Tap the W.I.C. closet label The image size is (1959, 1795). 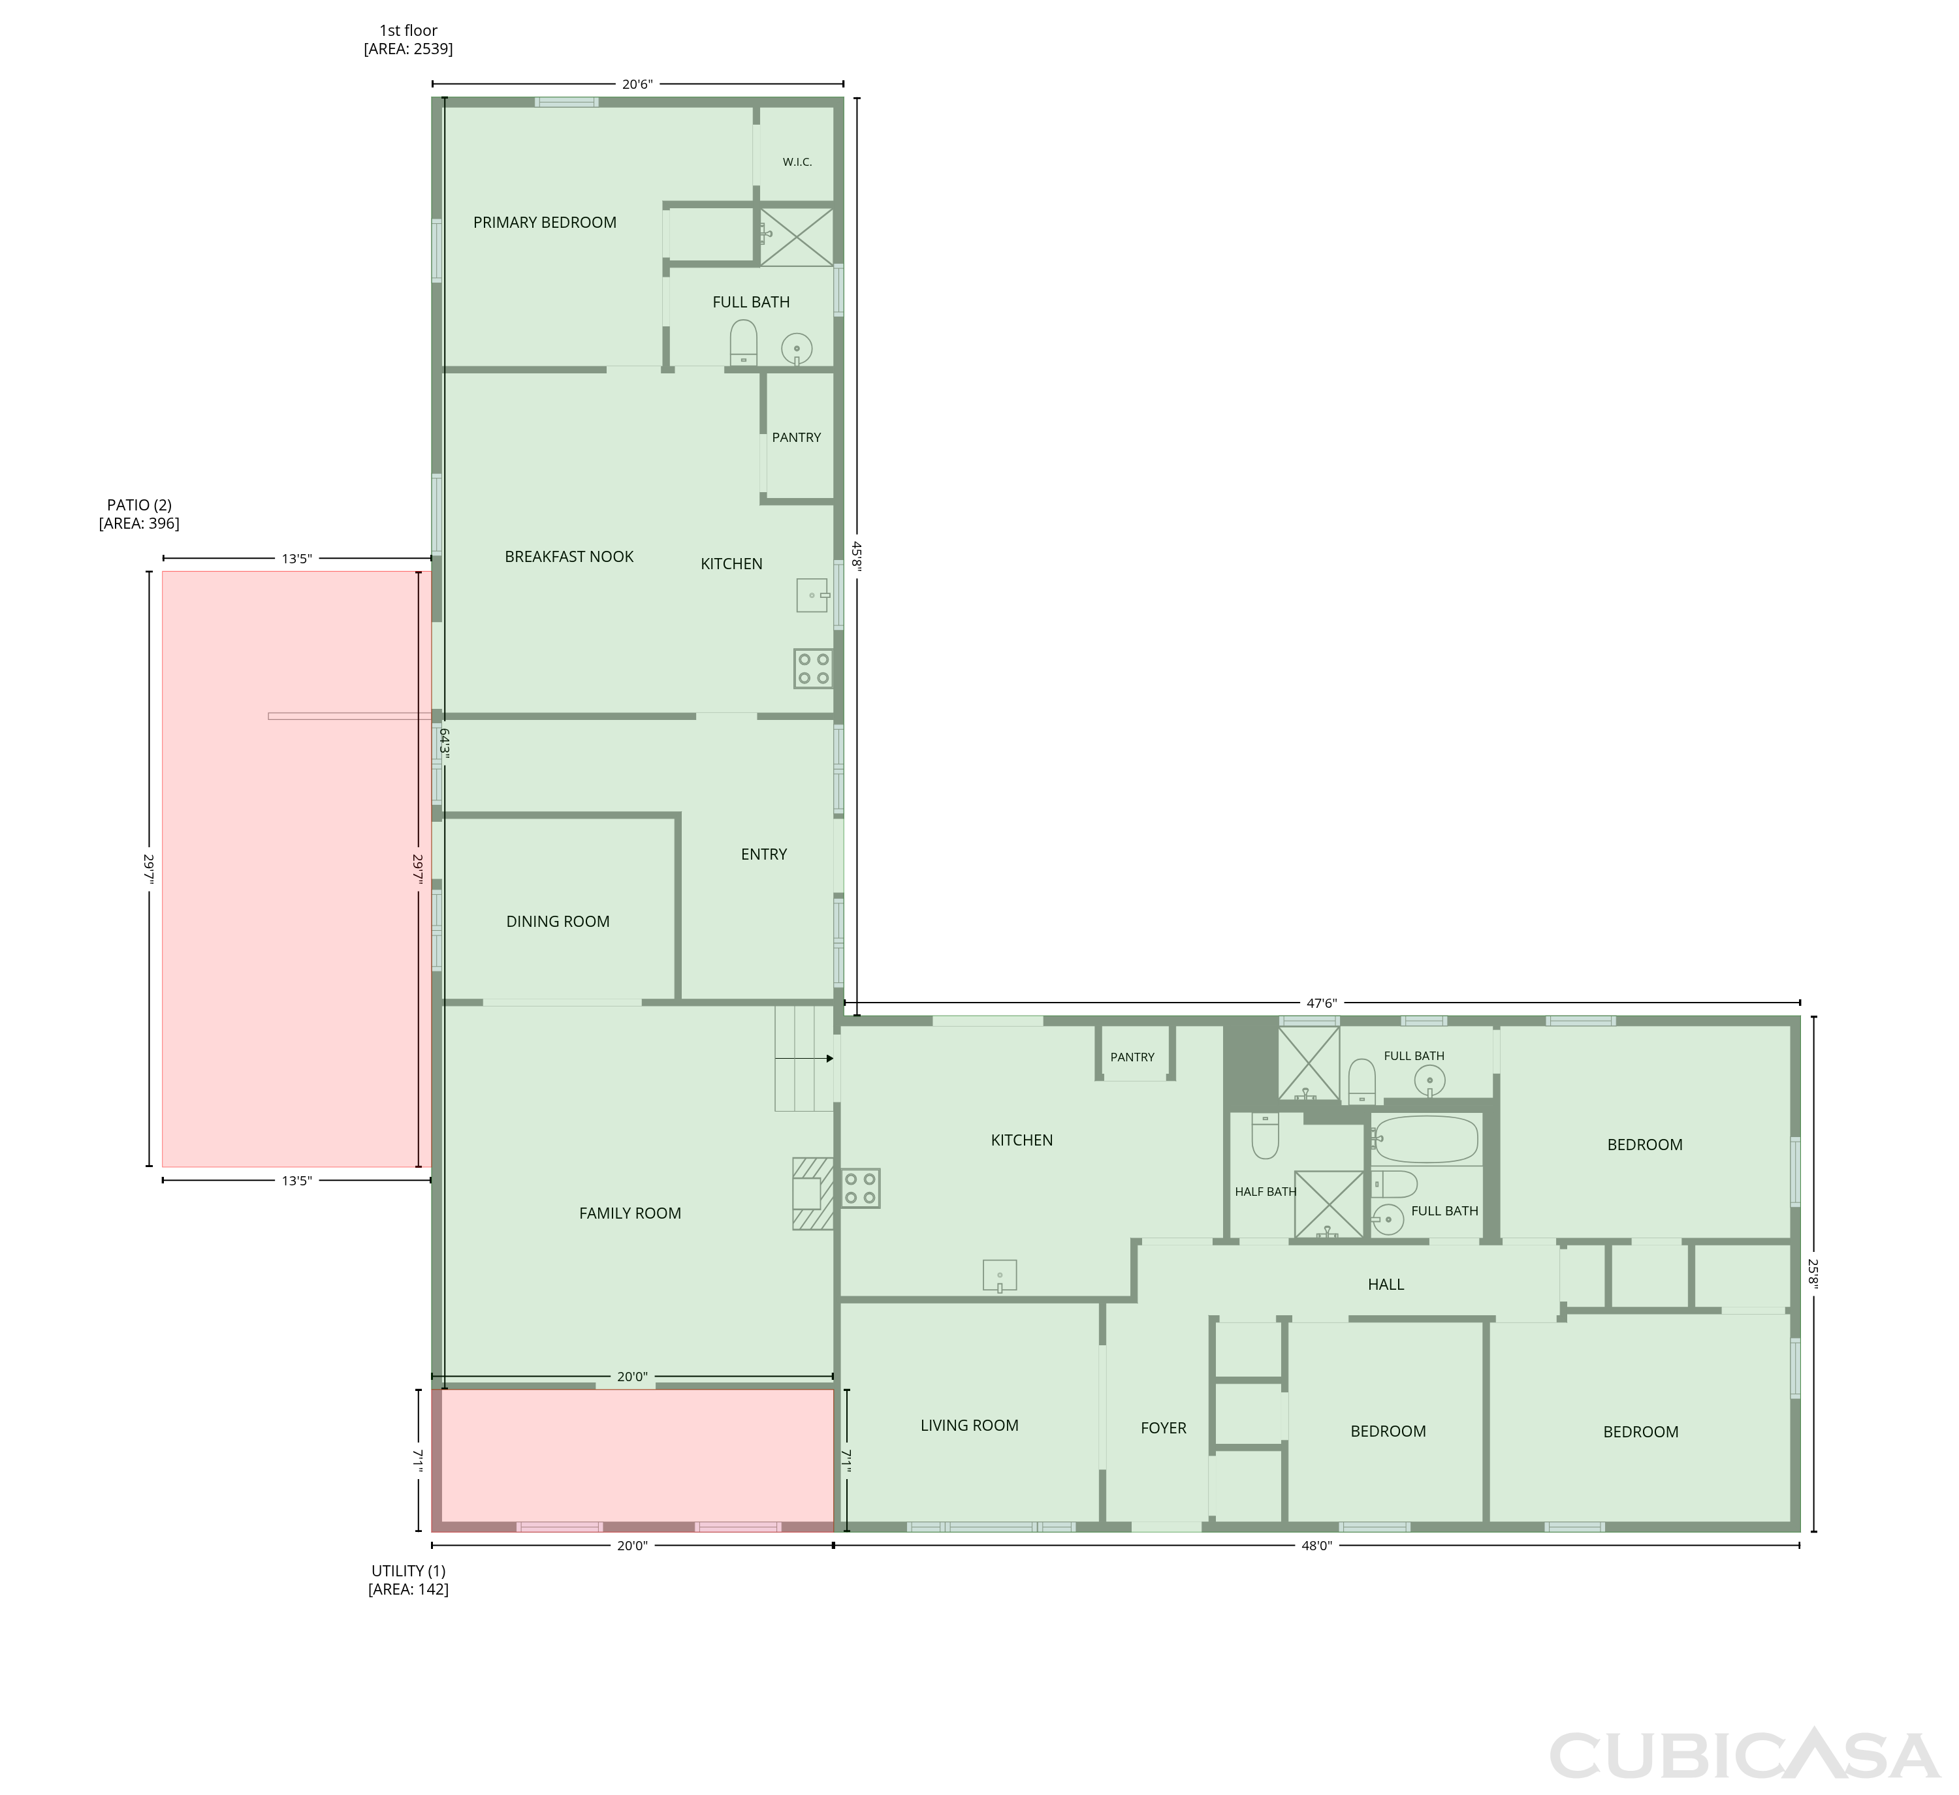coord(797,163)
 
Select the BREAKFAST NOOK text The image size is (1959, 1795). coord(569,557)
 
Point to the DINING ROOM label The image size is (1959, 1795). coord(558,922)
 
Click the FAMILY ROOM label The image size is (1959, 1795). coord(629,1213)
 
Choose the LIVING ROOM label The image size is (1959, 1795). coord(969,1425)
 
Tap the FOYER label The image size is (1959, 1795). coord(1163,1428)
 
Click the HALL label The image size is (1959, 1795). coord(1386,1284)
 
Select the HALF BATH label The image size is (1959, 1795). coord(1266,1192)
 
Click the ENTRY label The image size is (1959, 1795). coord(764,854)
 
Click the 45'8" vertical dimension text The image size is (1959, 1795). coord(856,557)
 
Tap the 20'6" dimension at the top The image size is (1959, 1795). coord(637,84)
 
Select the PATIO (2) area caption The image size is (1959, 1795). coord(139,514)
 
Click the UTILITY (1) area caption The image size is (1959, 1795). coord(408,1580)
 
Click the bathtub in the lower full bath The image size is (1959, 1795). coord(1427,1140)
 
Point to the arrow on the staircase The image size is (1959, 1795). coord(804,1059)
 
